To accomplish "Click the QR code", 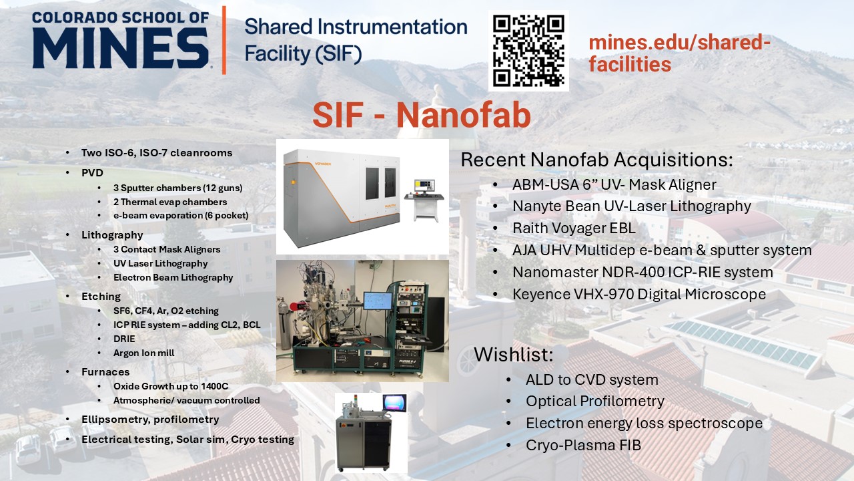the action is click(x=528, y=51).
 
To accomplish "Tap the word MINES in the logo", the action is click(x=121, y=49).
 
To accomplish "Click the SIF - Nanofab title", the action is click(x=422, y=115).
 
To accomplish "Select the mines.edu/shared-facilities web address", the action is click(x=679, y=53).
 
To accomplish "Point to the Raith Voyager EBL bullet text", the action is click(x=574, y=228).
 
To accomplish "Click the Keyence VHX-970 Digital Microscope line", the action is click(x=639, y=295).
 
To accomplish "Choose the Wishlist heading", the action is click(x=513, y=354).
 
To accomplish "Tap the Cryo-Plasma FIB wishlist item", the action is click(x=583, y=445).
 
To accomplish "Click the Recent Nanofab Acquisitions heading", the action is click(x=596, y=160).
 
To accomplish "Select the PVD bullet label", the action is click(x=92, y=173).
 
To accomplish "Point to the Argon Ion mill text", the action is click(x=143, y=353).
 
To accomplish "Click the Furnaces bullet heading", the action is click(x=105, y=372).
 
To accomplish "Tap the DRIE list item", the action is click(x=124, y=339).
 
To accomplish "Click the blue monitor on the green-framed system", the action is click(x=378, y=301).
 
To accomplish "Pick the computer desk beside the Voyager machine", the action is click(x=424, y=207).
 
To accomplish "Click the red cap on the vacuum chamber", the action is click(x=294, y=306).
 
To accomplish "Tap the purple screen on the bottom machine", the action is click(x=394, y=403).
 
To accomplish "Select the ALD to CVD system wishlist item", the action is click(x=592, y=380).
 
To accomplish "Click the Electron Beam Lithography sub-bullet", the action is click(x=173, y=277).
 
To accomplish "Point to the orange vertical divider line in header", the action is click(x=224, y=40).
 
